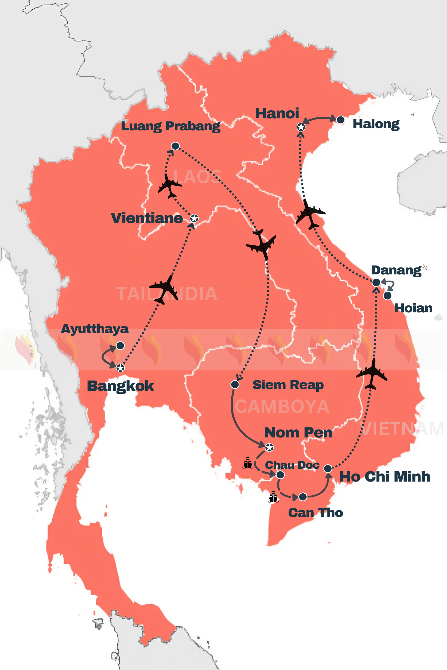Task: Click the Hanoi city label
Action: (277, 113)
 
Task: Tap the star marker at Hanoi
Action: (301, 127)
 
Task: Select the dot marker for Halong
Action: (340, 120)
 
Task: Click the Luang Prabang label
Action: (170, 126)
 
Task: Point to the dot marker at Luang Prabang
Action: (175, 146)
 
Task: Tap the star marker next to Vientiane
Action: (194, 219)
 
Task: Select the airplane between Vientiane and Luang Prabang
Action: (169, 186)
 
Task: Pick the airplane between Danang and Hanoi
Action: (310, 214)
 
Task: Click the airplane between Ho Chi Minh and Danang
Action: (372, 374)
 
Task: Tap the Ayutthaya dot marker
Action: (120, 346)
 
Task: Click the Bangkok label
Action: (120, 386)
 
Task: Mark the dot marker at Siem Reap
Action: (235, 385)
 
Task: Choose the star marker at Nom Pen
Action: (269, 448)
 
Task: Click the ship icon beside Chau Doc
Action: (248, 463)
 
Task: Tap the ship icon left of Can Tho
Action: (274, 497)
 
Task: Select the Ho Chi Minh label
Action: (385, 477)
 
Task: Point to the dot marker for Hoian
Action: (387, 296)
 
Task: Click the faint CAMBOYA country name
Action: (282, 406)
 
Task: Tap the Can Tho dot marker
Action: (303, 497)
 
